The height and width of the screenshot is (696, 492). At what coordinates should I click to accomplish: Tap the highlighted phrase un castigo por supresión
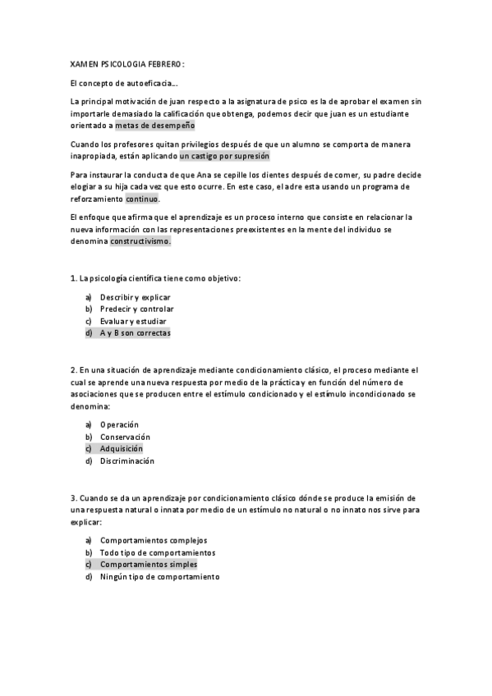(223, 156)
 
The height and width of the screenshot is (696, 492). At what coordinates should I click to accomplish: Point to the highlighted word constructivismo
(140, 242)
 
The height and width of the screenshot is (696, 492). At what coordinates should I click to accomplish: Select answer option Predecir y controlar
(136, 309)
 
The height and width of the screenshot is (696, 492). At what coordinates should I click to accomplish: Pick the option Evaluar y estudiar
(132, 321)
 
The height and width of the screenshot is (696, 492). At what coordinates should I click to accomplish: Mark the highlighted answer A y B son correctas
(135, 333)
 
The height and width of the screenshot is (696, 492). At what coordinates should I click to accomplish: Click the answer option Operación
(119, 424)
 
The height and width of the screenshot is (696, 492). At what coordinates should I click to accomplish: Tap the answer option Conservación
(125, 437)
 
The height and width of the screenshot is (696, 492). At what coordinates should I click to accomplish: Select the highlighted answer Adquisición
(121, 449)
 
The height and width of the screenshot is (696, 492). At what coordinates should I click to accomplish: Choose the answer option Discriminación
(127, 461)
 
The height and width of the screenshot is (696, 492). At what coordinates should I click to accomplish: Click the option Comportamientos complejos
(154, 540)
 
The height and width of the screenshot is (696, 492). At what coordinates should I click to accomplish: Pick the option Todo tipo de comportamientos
(157, 552)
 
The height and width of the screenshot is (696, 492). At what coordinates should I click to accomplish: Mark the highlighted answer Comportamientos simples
(148, 565)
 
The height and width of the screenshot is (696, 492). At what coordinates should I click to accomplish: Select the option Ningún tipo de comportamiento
(159, 577)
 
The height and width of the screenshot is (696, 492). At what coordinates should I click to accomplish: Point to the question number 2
(73, 370)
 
